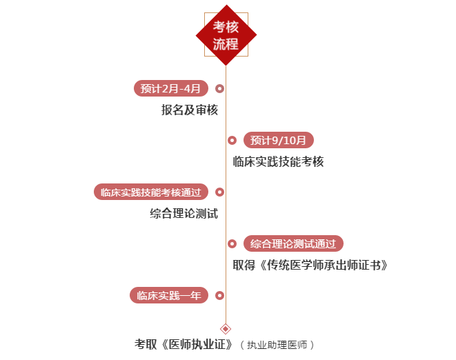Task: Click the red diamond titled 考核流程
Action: coord(226,35)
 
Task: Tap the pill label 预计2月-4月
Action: coord(171,88)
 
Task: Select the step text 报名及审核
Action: coord(190,110)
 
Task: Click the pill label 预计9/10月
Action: coord(278,140)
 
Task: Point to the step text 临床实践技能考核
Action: coord(278,161)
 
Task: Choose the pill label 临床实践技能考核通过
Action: coord(151,192)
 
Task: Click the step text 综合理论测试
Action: coord(184,213)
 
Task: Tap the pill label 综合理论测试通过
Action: coord(293,243)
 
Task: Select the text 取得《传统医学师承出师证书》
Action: coord(310,266)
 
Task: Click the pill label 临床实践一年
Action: coord(169,295)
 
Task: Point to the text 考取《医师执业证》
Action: coord(184,345)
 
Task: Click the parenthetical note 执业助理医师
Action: coord(277,345)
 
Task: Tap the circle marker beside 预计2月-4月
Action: coord(219,88)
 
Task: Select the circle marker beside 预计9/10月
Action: coord(232,140)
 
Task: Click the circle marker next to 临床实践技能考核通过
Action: coord(219,192)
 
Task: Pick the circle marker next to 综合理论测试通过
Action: coord(232,243)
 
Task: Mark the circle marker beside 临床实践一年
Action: coord(219,295)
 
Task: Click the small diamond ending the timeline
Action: coord(226,329)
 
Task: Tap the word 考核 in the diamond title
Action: coord(226,27)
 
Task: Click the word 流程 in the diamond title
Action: coord(226,44)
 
